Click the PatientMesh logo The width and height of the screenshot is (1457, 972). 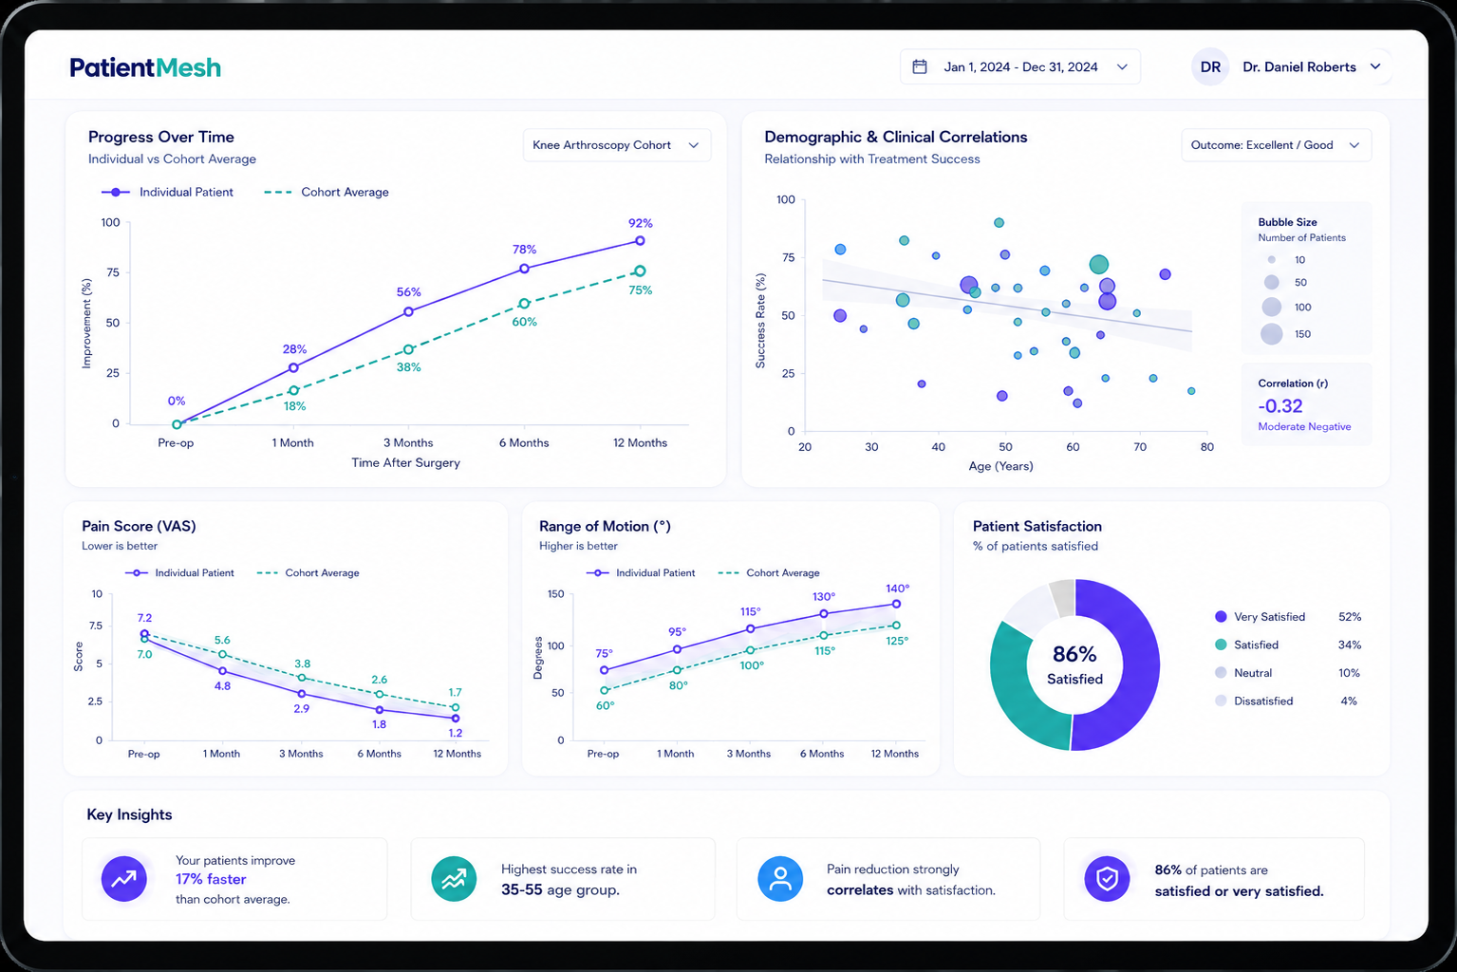145,67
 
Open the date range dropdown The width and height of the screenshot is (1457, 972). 1019,67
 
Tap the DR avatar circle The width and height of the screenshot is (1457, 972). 1210,67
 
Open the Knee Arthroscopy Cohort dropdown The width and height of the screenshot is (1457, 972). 616,145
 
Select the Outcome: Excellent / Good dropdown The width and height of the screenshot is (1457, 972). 1276,145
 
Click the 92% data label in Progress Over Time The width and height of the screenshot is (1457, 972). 640,223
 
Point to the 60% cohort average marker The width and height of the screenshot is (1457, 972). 524,303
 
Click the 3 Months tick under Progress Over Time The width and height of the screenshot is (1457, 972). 408,442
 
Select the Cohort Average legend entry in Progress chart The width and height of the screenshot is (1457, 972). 327,192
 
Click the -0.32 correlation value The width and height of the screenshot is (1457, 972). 1280,406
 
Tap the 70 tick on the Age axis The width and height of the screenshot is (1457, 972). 1140,447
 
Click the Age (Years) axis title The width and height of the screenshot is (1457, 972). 1000,466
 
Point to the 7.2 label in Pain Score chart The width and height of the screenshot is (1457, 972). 144,617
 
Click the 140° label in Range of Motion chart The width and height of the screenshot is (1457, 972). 897,589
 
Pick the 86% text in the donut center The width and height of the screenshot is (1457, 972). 1074,654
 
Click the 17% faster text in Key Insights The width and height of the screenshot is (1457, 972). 211,879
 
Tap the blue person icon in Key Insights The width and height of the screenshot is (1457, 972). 780,879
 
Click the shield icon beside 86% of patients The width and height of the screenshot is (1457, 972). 1107,879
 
